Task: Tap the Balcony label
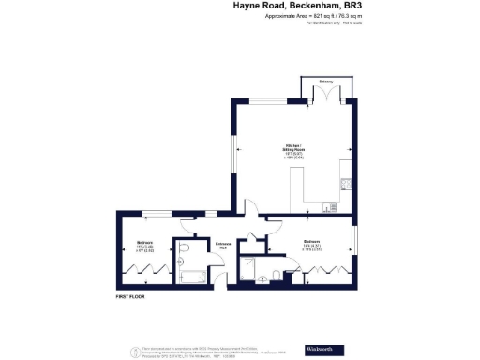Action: tap(326, 82)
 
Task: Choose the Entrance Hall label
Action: tap(223, 246)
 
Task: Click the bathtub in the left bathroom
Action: tap(195, 276)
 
